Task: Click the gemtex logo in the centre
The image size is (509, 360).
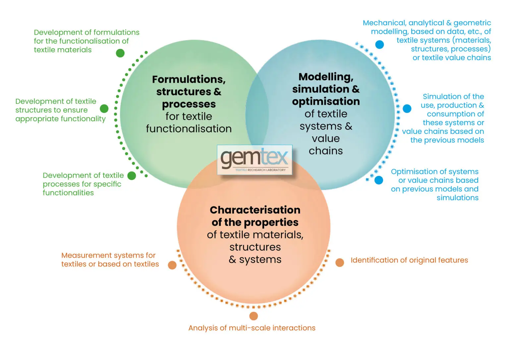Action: (254, 159)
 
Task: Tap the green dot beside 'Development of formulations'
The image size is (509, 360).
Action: (120, 53)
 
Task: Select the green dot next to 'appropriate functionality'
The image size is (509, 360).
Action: (104, 109)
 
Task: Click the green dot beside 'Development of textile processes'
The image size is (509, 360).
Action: (132, 176)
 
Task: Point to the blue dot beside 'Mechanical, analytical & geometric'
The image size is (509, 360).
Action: (379, 44)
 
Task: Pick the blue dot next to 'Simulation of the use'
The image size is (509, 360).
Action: (407, 108)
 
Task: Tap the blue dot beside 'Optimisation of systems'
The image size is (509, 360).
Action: (378, 180)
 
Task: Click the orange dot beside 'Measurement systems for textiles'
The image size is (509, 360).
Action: (172, 265)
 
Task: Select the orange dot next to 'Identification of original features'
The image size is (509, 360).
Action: (340, 263)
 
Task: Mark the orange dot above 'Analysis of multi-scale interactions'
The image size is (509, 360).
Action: (254, 316)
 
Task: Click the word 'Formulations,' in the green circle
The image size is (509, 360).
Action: (189, 79)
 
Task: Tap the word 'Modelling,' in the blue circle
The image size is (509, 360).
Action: (326, 77)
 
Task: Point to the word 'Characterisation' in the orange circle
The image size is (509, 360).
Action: (255, 210)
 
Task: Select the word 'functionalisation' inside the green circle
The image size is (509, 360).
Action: (189, 129)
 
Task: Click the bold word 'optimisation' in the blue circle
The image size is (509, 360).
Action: (326, 101)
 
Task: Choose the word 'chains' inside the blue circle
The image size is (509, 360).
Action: (326, 151)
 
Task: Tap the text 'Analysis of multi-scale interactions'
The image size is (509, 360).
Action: (252, 328)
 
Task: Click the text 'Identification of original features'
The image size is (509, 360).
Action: (409, 260)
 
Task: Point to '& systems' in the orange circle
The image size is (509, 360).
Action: (255, 260)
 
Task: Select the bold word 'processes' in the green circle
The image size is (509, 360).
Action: (189, 104)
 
